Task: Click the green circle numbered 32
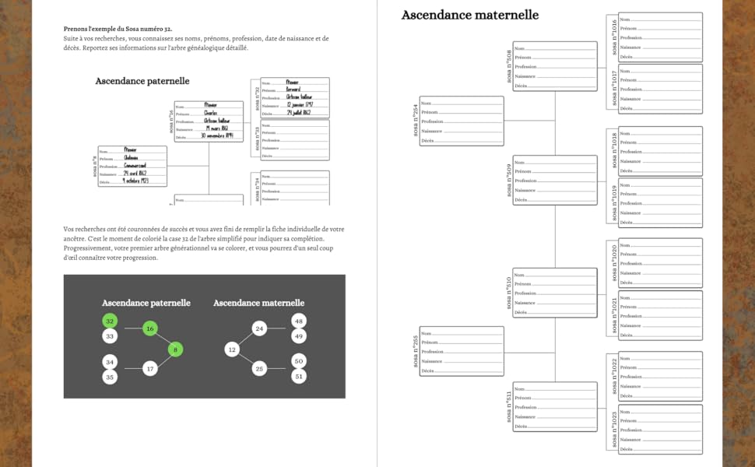[x=110, y=321]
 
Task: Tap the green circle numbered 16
[x=150, y=329]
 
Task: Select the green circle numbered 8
[x=176, y=349]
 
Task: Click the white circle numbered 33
[x=110, y=336]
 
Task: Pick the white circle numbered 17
[x=150, y=369]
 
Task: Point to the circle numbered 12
[x=232, y=349]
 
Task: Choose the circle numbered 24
[x=260, y=329]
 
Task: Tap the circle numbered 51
[x=299, y=376]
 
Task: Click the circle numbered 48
[x=299, y=321]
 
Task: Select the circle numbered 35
[x=110, y=377]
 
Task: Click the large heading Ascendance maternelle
[x=469, y=15]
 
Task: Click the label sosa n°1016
[x=614, y=37]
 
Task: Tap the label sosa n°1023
[x=614, y=430]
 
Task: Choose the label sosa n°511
[x=509, y=406]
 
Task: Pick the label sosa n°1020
[x=614, y=262]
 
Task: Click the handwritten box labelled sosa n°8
[x=132, y=166]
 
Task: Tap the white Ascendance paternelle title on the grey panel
[x=146, y=303]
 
